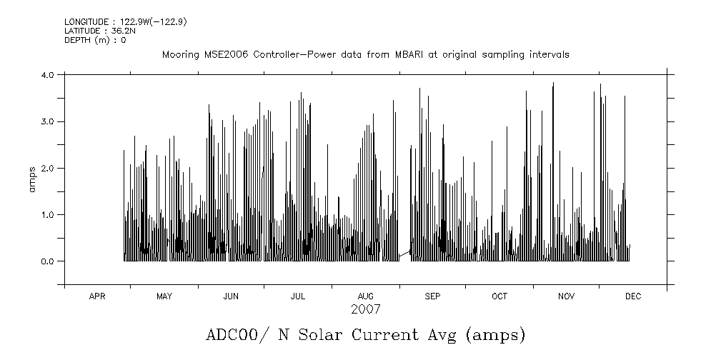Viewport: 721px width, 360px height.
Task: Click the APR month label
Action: (x=97, y=296)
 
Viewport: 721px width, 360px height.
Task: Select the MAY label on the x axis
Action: (x=164, y=296)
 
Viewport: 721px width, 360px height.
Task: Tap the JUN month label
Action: (x=231, y=296)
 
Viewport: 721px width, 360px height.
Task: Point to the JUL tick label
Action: (x=298, y=296)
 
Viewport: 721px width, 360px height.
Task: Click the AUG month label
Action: (x=365, y=296)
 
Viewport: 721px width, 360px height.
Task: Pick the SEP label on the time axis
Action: (x=432, y=296)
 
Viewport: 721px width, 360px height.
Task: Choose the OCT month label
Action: (x=499, y=296)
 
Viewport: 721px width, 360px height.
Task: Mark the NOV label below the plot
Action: (x=566, y=296)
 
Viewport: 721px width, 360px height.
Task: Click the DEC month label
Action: (x=633, y=296)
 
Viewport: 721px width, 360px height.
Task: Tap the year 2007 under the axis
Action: (x=365, y=309)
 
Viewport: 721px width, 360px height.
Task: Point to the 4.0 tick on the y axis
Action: (x=49, y=75)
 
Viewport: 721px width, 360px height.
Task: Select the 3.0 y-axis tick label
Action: (x=49, y=121)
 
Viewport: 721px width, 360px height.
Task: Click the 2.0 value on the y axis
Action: (x=49, y=168)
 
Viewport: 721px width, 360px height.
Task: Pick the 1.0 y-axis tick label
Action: (x=49, y=214)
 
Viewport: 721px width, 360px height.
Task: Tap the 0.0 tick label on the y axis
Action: (x=49, y=261)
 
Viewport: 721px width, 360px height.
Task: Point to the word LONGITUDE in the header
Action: (x=86, y=22)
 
